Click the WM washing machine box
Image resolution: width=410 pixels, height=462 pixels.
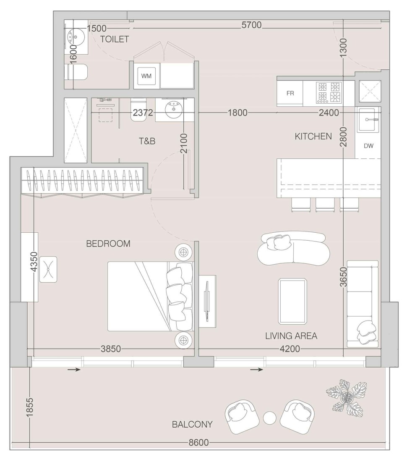pos(146,76)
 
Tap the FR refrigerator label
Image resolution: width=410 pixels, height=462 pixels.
pos(290,93)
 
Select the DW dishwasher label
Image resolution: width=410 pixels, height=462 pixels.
pos(368,146)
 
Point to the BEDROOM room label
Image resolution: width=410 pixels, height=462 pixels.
pos(108,244)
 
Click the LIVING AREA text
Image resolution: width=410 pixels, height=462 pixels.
pos(291,336)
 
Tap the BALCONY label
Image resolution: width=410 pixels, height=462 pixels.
pos(192,425)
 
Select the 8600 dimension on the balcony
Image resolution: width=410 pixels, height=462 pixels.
pos(197,443)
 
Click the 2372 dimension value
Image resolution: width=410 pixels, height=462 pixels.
pos(143,113)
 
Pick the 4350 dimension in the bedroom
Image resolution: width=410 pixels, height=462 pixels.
pos(34,263)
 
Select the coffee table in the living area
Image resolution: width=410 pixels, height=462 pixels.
pos(292,301)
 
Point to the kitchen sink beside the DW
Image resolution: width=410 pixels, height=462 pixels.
pos(368,120)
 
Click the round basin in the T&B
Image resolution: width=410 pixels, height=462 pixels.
pos(172,110)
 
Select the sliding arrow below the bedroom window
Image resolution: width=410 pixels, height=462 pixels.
pos(74,370)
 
